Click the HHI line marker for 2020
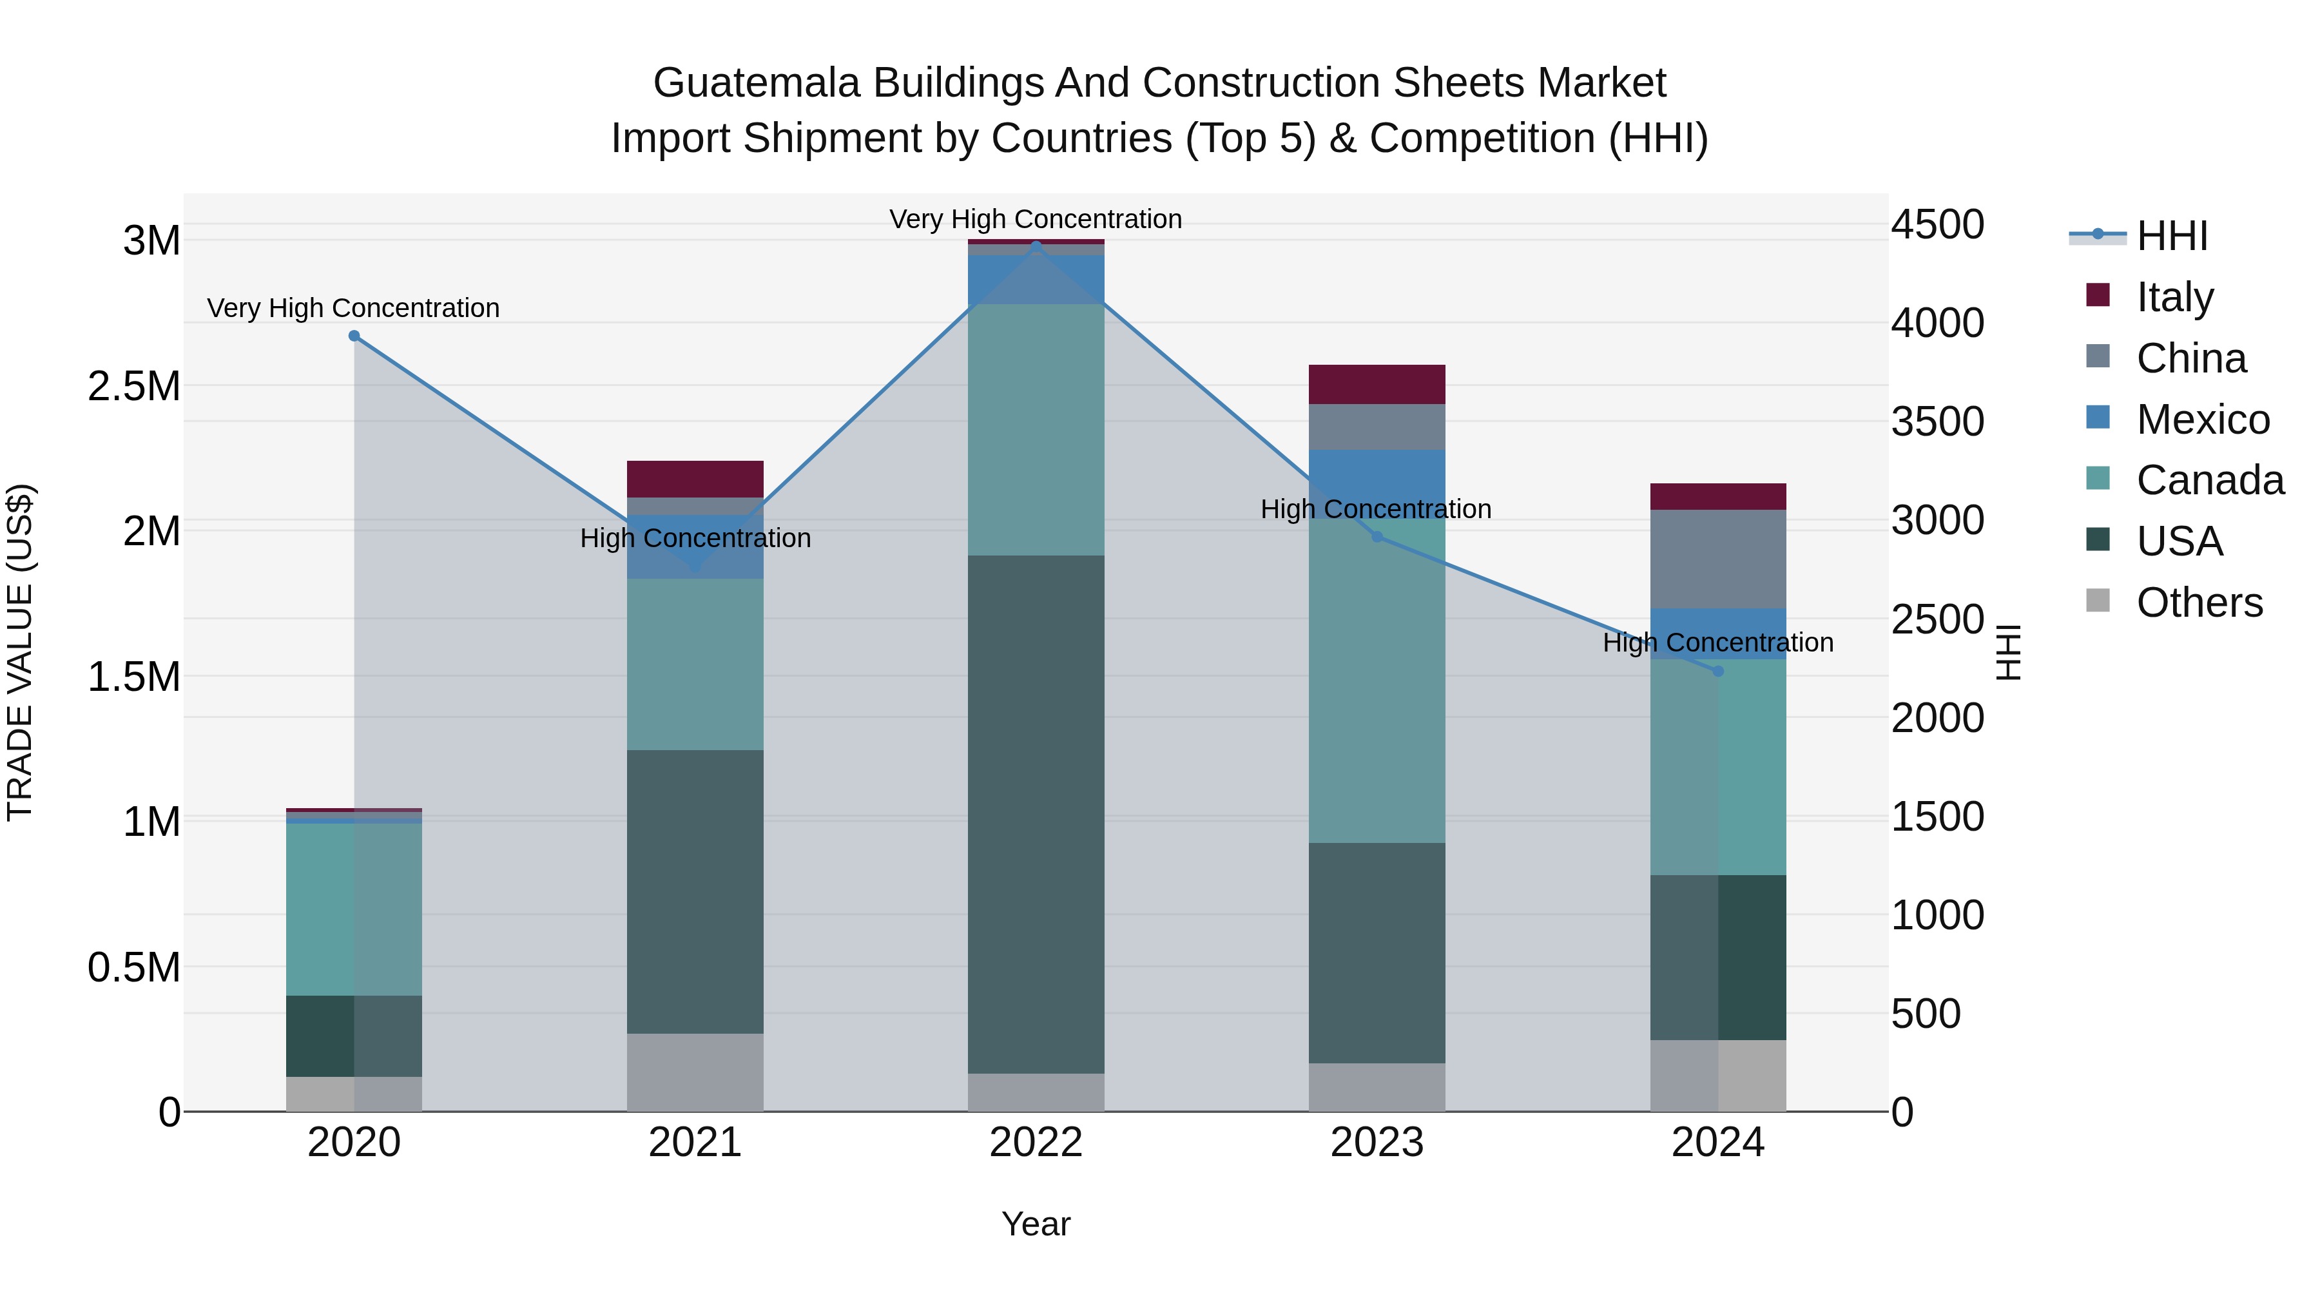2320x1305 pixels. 354,336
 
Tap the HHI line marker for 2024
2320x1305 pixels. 1717,671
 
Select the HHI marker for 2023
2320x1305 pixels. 1376,537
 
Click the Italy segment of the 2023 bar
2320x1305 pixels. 1376,385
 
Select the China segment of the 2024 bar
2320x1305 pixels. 1717,558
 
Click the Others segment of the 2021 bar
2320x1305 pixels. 694,1072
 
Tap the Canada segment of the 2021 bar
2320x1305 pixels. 694,664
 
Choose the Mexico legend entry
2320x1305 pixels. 2202,420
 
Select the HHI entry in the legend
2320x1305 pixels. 2171,236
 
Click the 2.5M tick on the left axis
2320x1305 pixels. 133,387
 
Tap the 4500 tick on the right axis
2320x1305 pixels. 1937,224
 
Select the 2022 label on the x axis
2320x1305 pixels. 1036,1143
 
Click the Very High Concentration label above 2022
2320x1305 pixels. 1036,219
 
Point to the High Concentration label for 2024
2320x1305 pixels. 1717,642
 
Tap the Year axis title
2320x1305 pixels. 1036,1224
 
